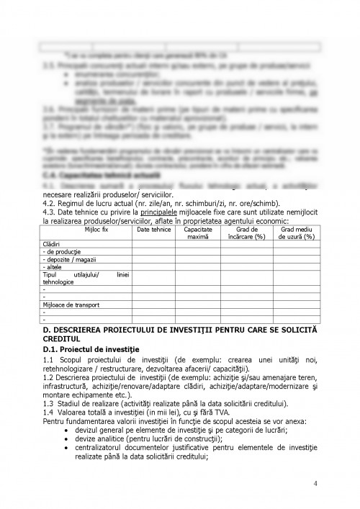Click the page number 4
click(x=315, y=483)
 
